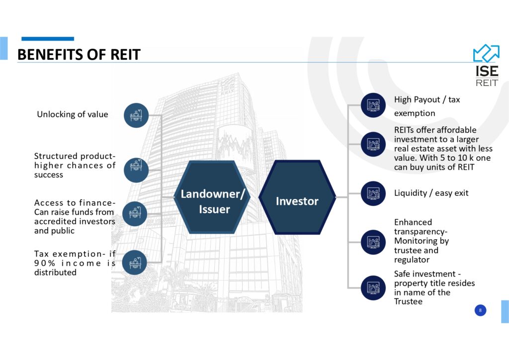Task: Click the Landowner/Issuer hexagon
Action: [x=213, y=197]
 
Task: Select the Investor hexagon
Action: [x=297, y=197]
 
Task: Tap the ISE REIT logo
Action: [x=486, y=65]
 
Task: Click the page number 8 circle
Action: [x=481, y=310]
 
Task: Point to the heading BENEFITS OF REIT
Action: [x=79, y=55]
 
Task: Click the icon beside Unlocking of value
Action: [x=136, y=115]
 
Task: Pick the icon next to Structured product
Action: [x=136, y=170]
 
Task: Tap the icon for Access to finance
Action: [x=135, y=214]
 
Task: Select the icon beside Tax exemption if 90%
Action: [x=135, y=262]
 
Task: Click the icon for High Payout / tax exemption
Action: [x=373, y=105]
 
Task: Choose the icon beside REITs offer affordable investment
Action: [x=373, y=144]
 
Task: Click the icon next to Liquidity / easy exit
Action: [x=373, y=193]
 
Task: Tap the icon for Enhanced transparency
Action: [x=373, y=242]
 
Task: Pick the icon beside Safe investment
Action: [x=373, y=288]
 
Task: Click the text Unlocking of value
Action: [x=73, y=114]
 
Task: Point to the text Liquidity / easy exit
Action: [x=431, y=193]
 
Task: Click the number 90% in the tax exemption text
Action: [x=45, y=263]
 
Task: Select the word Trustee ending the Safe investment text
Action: [x=409, y=301]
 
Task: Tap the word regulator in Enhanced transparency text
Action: [x=412, y=260]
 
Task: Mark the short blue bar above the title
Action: [x=48, y=39]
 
